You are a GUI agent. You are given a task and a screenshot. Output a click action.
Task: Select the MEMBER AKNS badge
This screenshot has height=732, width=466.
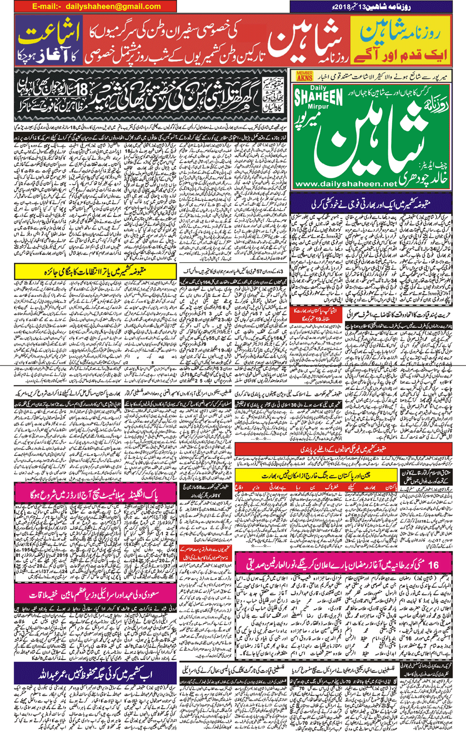click(304, 76)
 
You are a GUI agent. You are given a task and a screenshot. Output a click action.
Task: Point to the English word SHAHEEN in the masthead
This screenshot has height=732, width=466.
click(318, 97)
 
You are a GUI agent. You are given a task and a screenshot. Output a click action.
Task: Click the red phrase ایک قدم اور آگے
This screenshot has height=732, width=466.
click(399, 54)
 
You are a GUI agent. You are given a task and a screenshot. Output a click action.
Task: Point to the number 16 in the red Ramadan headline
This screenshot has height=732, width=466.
click(433, 564)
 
